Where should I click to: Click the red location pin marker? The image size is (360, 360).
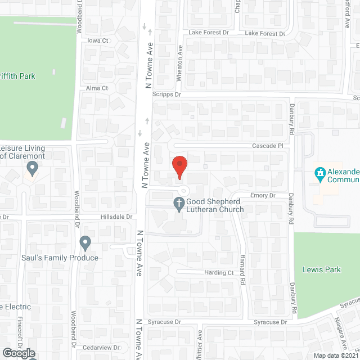pos(179,167)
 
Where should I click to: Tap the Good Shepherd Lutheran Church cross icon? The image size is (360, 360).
pos(179,205)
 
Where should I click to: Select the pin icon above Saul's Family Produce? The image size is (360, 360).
pos(85,243)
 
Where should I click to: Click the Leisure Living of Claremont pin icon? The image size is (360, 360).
pos(32,168)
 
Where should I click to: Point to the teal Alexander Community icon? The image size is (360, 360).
pos(320,174)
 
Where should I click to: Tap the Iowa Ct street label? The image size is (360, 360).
pos(97,41)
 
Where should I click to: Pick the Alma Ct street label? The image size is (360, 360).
pos(97,88)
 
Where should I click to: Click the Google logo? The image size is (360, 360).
pos(19,353)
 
